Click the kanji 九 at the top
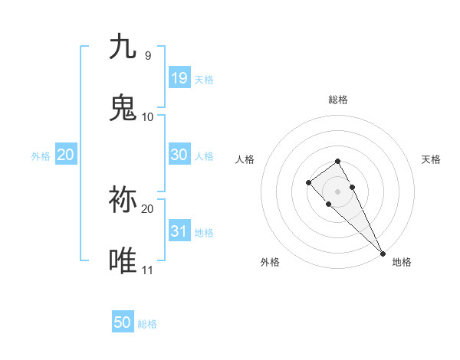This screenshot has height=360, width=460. (x=123, y=47)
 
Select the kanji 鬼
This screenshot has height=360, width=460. (x=123, y=108)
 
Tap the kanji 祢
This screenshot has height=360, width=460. (x=123, y=199)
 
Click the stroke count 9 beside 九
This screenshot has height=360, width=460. (x=147, y=55)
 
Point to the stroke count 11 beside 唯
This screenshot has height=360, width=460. (x=147, y=270)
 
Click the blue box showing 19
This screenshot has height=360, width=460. (x=179, y=77)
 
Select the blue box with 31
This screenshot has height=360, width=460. (x=179, y=231)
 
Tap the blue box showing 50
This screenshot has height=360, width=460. (x=123, y=322)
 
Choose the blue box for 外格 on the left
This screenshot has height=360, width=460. (x=66, y=155)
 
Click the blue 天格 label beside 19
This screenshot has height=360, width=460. (x=204, y=79)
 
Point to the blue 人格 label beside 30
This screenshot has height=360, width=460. (x=204, y=155)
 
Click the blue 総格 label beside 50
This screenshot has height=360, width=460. (x=147, y=324)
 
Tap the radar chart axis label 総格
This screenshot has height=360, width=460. (x=338, y=100)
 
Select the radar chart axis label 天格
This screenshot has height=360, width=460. (x=432, y=159)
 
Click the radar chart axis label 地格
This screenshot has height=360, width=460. (x=402, y=262)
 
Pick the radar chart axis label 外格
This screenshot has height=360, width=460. (x=270, y=262)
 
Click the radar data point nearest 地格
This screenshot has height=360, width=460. (x=383, y=253)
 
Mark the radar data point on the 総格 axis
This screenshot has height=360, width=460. (x=337, y=161)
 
